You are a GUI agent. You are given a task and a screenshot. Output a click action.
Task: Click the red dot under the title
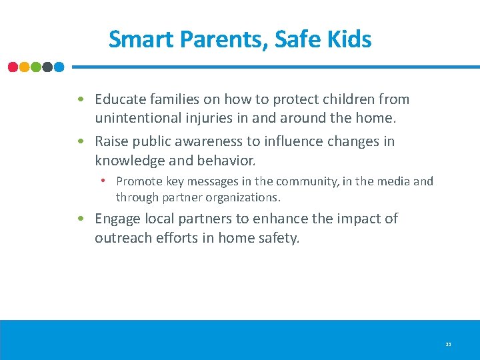point(13,67)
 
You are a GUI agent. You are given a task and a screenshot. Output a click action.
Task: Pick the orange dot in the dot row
point(25,67)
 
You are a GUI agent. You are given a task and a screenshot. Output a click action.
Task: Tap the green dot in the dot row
point(36,67)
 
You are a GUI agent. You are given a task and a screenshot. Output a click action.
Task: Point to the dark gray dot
point(47,67)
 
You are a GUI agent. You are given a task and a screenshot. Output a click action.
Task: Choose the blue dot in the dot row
point(59,67)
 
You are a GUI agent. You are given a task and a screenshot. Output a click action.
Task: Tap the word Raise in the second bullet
point(113,141)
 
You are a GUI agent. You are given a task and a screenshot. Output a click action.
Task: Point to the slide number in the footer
point(448,344)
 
